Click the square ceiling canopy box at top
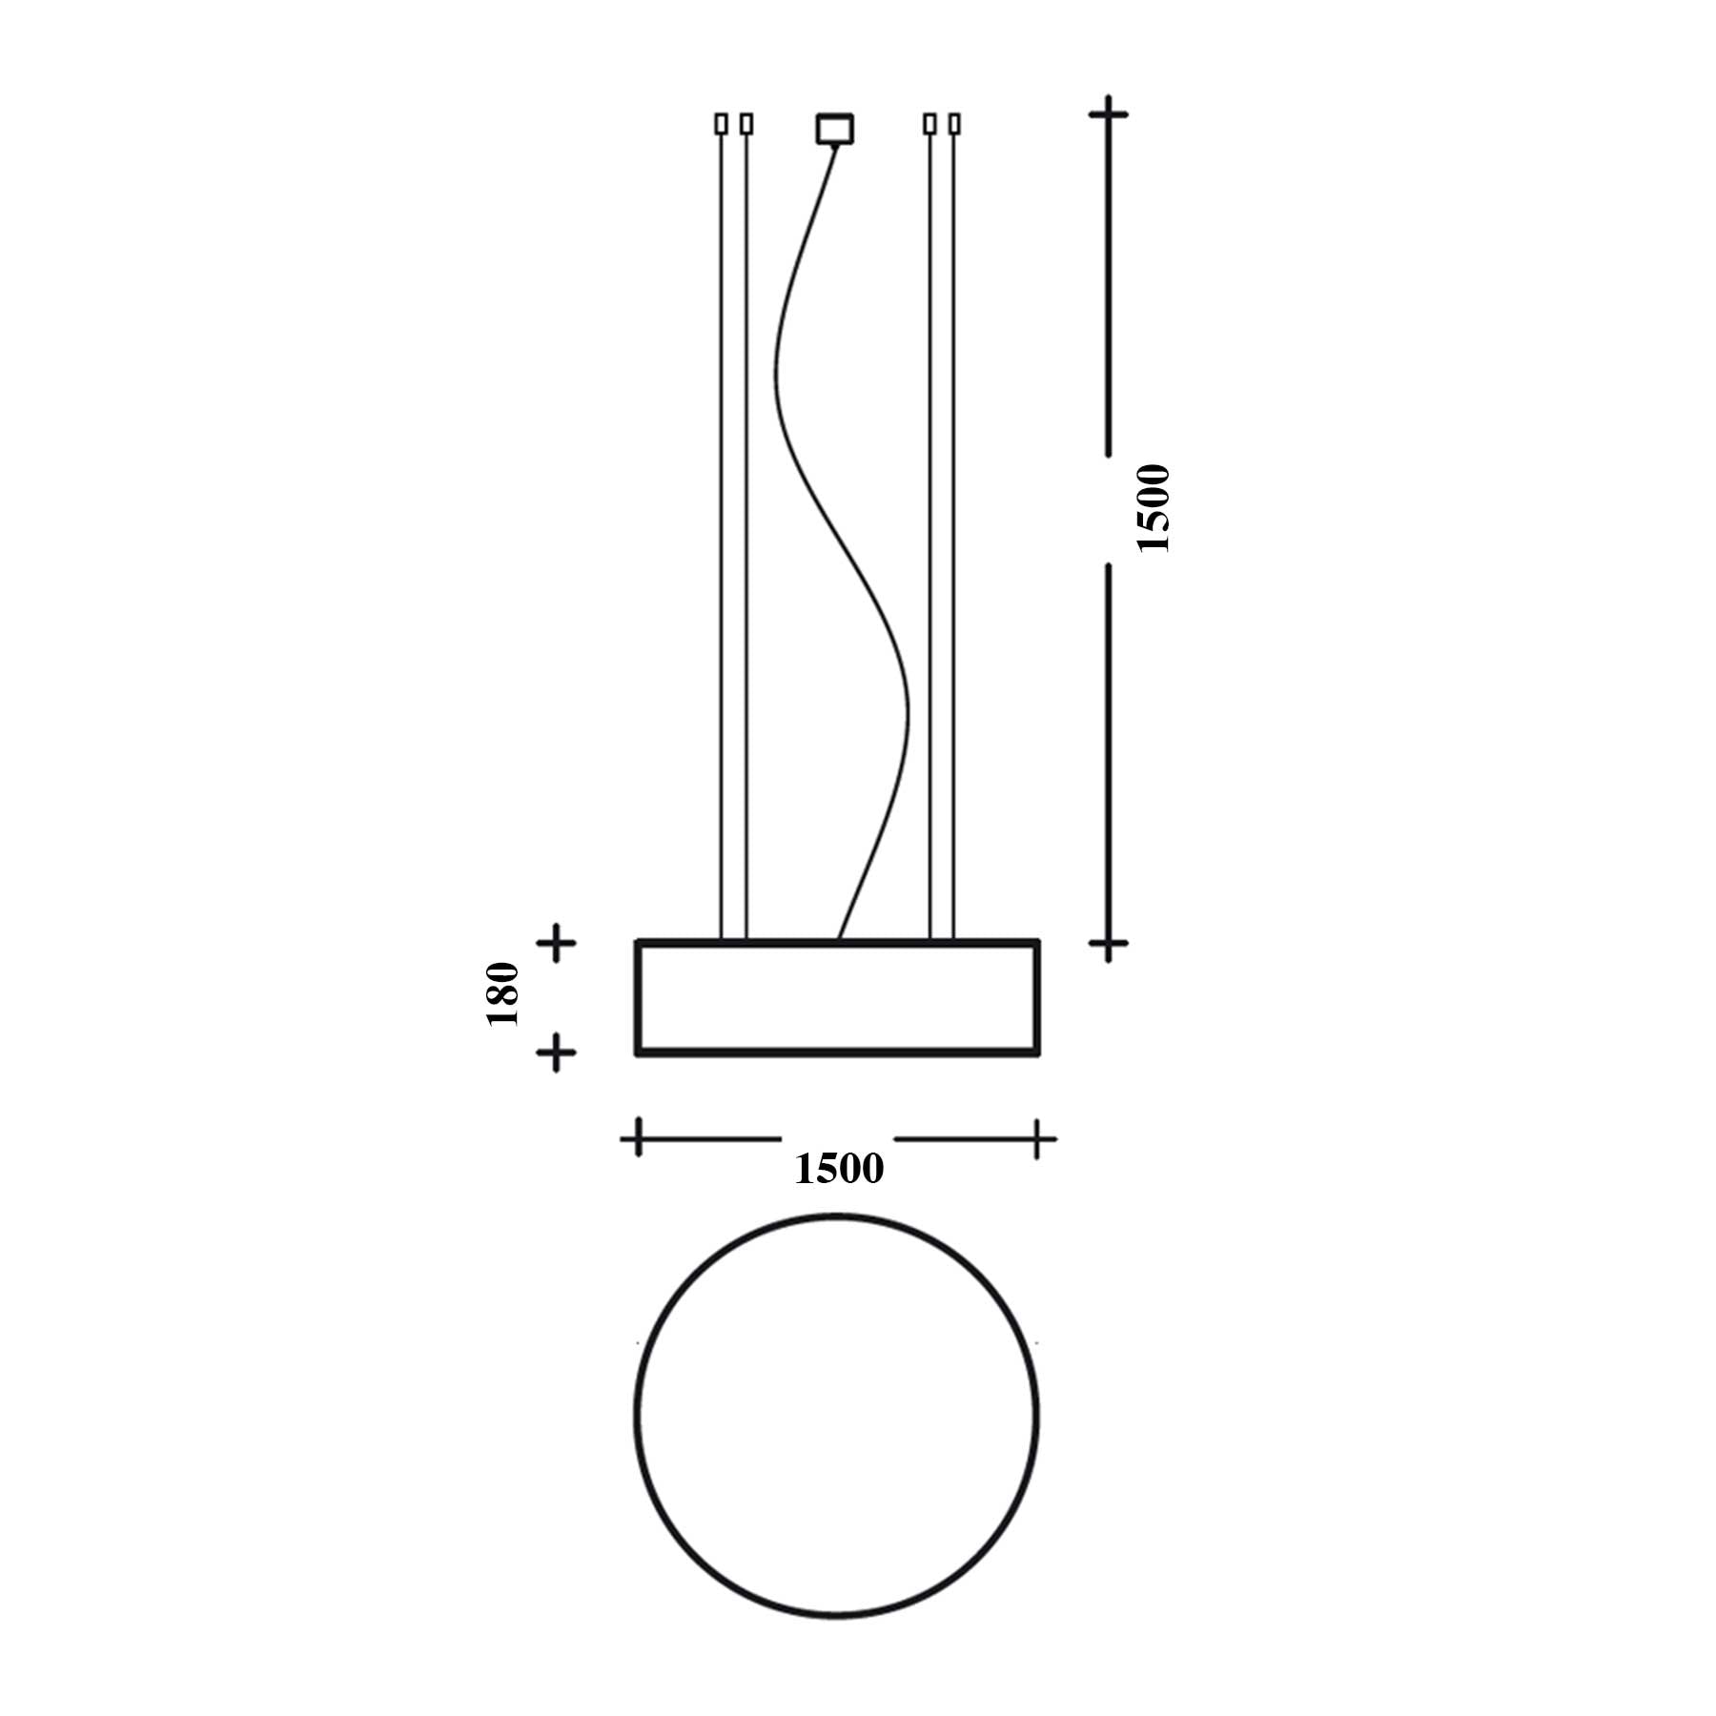835,129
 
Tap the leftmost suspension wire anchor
722,124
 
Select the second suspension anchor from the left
746,124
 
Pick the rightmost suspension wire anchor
954,124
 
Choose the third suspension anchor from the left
929,124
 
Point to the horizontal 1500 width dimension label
839,1169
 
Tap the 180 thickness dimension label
502,994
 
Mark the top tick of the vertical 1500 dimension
1108,114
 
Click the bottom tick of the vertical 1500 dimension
1108,944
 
